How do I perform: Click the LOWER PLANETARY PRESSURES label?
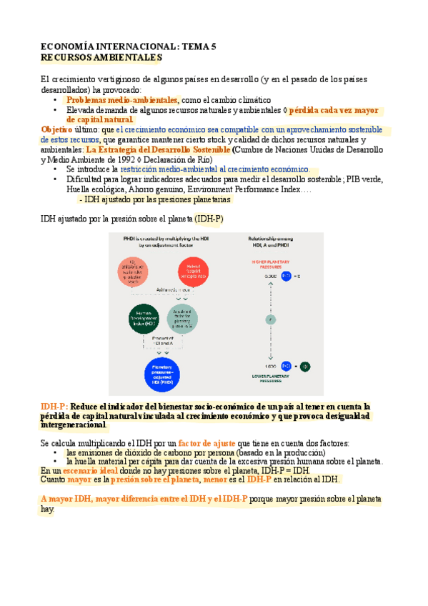270,377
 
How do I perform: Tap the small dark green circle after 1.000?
304,366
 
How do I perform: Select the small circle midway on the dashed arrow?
270,319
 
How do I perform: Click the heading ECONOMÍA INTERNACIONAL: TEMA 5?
128,46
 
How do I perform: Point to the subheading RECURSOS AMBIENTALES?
101,56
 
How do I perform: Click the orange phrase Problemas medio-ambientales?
121,101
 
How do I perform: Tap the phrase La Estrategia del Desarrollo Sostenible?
153,151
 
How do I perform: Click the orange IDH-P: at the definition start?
54,406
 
